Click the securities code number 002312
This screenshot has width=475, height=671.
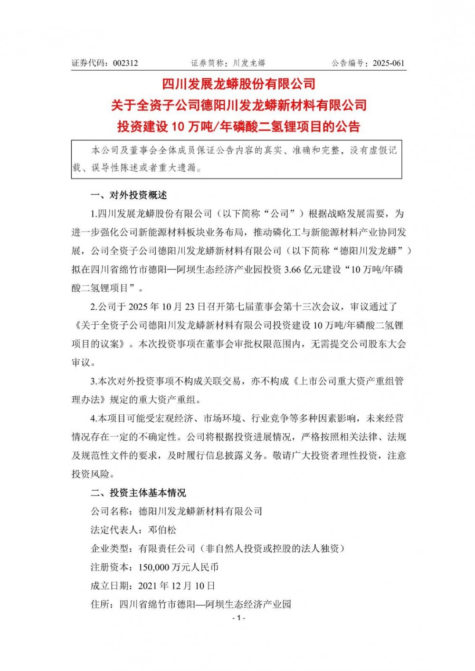125,63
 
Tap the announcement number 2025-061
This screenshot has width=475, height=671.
389,63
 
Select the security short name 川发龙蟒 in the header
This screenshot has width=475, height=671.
249,63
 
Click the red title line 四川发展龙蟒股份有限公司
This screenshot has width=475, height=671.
239,84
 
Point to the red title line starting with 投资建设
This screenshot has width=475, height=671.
239,127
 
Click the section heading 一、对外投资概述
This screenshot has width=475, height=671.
129,196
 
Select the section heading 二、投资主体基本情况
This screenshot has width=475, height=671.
138,493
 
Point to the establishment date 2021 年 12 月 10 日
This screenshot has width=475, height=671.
176,586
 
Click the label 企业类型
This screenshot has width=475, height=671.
110,549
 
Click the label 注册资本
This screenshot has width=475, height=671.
110,567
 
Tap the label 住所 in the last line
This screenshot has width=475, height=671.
100,604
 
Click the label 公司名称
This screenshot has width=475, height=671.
110,512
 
